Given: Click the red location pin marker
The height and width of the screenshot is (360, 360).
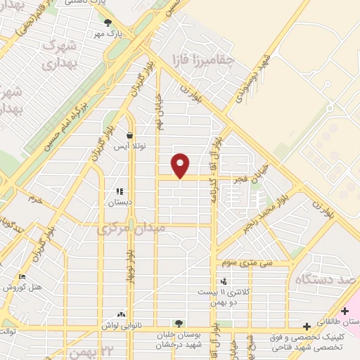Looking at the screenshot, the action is [181, 165].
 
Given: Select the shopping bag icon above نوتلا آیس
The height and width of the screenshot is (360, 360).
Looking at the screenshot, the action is [130, 136].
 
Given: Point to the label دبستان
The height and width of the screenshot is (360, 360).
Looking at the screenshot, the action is [119, 202].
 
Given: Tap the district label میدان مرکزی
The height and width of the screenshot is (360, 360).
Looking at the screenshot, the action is [131, 229].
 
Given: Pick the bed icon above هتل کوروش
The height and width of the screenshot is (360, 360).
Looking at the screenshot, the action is [22, 276].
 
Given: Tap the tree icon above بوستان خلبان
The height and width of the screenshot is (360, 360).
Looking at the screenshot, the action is [179, 322].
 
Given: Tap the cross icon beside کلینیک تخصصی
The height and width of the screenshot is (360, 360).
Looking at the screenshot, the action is [307, 326].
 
